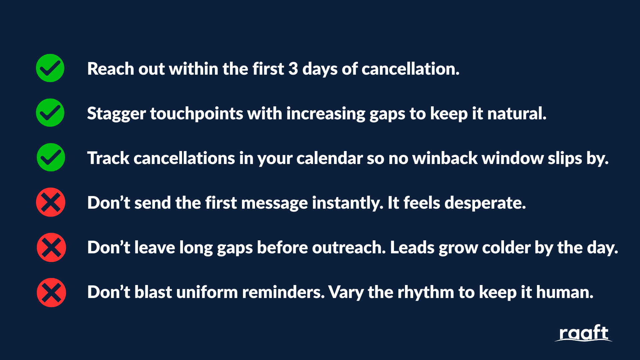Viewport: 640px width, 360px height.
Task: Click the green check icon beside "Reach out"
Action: tap(50, 68)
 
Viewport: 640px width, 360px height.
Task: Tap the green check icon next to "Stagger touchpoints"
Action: tap(50, 113)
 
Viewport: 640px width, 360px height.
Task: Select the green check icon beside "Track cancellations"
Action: tap(51, 157)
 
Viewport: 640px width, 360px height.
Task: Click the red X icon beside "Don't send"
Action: tap(51, 202)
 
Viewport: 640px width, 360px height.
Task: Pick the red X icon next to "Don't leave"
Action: tap(51, 247)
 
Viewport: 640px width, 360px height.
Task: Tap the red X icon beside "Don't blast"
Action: tap(51, 292)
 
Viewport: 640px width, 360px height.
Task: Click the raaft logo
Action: tap(583, 333)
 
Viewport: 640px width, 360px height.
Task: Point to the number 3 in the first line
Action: tap(293, 69)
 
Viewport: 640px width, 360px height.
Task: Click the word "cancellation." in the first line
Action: tap(411, 69)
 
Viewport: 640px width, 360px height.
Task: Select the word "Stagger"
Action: tap(116, 114)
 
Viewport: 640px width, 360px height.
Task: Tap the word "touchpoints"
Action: tap(197, 114)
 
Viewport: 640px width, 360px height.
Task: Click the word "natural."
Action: tap(517, 113)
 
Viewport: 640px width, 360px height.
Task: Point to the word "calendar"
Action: tap(329, 158)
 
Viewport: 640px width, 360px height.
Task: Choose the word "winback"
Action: tap(445, 158)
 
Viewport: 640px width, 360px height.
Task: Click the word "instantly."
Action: tap(348, 203)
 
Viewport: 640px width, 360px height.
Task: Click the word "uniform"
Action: tap(207, 292)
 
